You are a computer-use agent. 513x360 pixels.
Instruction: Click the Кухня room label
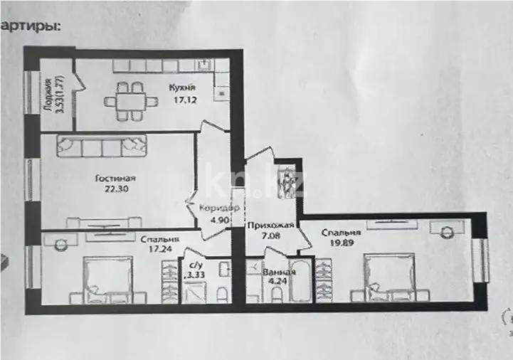point(181,88)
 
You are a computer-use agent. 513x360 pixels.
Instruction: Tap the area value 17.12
point(181,100)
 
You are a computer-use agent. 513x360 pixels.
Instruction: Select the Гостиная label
point(115,179)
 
